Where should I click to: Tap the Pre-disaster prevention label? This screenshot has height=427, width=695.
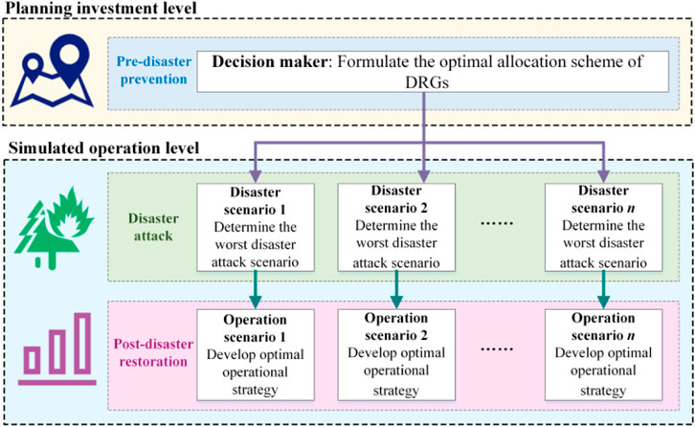(147, 67)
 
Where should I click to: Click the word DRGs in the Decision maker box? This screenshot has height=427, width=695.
(422, 84)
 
